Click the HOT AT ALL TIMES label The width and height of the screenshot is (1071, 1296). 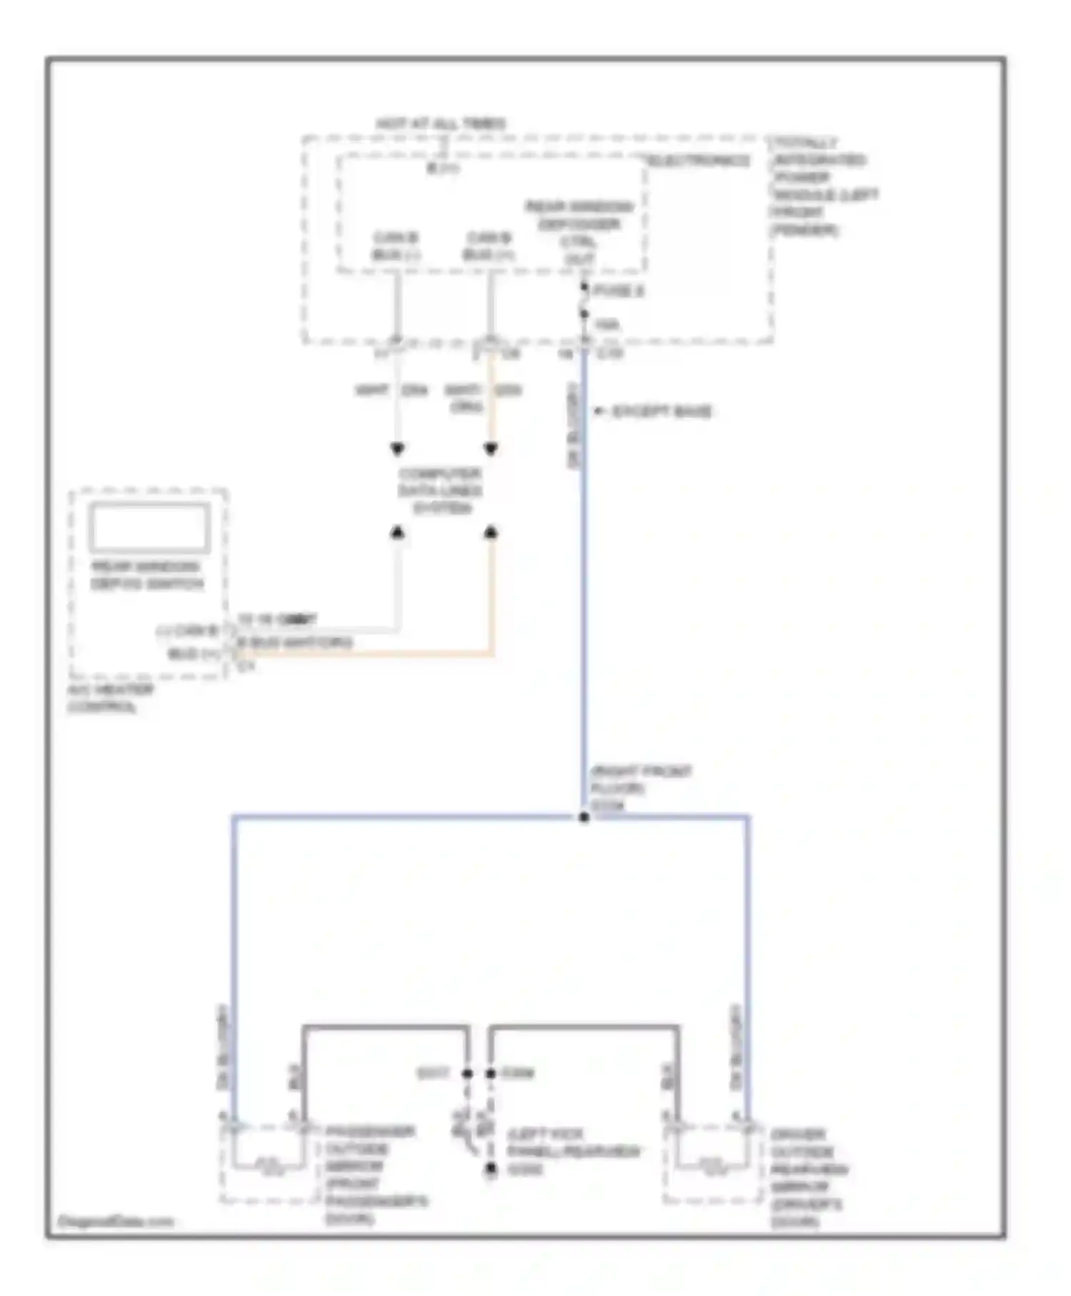point(441,124)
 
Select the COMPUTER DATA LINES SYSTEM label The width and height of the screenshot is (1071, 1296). point(441,491)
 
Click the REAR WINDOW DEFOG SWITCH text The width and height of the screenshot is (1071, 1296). point(146,575)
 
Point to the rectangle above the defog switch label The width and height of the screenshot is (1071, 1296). point(149,528)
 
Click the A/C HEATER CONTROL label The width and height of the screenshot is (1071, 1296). point(111,699)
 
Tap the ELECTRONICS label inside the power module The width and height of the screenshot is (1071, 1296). point(699,161)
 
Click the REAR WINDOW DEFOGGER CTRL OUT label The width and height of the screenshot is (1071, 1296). point(579,233)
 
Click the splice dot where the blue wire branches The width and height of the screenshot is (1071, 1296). point(584,817)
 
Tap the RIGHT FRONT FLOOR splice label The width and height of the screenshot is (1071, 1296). point(640,788)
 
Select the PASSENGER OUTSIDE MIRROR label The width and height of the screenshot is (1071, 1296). point(375,1175)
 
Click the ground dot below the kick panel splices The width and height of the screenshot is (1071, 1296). point(491,1170)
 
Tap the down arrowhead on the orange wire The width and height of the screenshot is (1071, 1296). point(491,449)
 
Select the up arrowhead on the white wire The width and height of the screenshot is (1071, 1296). point(398,532)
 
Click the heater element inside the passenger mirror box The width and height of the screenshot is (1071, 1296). point(269,1166)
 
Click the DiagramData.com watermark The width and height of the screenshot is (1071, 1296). point(116,1221)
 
